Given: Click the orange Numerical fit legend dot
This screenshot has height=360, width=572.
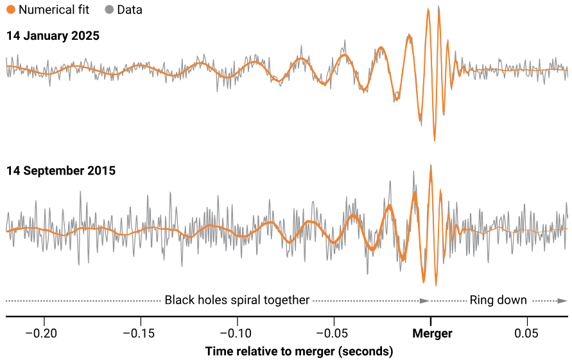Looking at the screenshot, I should coord(11,10).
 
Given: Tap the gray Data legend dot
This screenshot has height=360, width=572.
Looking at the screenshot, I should coord(108,10).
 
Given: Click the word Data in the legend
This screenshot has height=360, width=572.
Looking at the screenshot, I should coord(130,10).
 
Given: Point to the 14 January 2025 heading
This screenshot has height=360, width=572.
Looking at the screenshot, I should coord(53,36).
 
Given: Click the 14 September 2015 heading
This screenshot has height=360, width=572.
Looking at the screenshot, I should coord(61,171).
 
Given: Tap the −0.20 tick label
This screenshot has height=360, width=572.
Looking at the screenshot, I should coord(44,334).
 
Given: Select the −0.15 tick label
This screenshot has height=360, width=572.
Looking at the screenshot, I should coord(141,334).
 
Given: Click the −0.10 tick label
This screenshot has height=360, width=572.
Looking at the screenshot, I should coord(237,334).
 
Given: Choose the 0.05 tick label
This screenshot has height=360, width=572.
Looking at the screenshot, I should coord(527,334).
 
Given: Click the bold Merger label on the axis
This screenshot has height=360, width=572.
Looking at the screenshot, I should coord(431,334).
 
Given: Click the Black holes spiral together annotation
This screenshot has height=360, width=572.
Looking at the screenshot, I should coord(237,300).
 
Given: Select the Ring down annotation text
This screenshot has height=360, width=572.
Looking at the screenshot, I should coord(498,300).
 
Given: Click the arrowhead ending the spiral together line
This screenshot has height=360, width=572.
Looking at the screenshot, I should coord(424,300).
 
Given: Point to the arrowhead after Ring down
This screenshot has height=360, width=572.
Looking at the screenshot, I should coord(562,300).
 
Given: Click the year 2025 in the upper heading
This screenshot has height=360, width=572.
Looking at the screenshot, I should coord(85,36).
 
